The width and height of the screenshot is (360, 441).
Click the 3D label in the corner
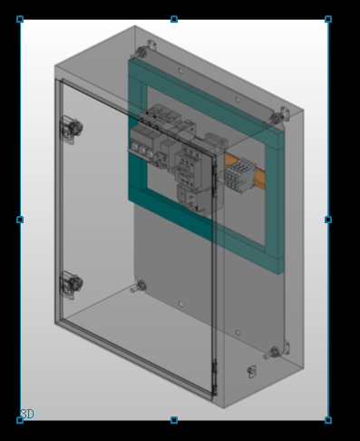tap(27, 414)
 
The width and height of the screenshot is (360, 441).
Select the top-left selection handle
tap(20, 19)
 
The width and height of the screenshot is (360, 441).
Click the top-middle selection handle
tap(174, 19)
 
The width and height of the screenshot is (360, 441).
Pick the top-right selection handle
tap(328, 19)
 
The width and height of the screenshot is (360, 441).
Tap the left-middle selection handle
tap(20, 220)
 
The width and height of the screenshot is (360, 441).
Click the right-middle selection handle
tap(328, 220)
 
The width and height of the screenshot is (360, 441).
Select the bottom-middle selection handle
tap(174, 420)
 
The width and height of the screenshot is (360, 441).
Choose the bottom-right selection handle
tap(328, 420)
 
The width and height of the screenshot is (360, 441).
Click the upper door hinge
tap(72, 130)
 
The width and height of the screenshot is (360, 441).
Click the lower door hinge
tap(72, 285)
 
